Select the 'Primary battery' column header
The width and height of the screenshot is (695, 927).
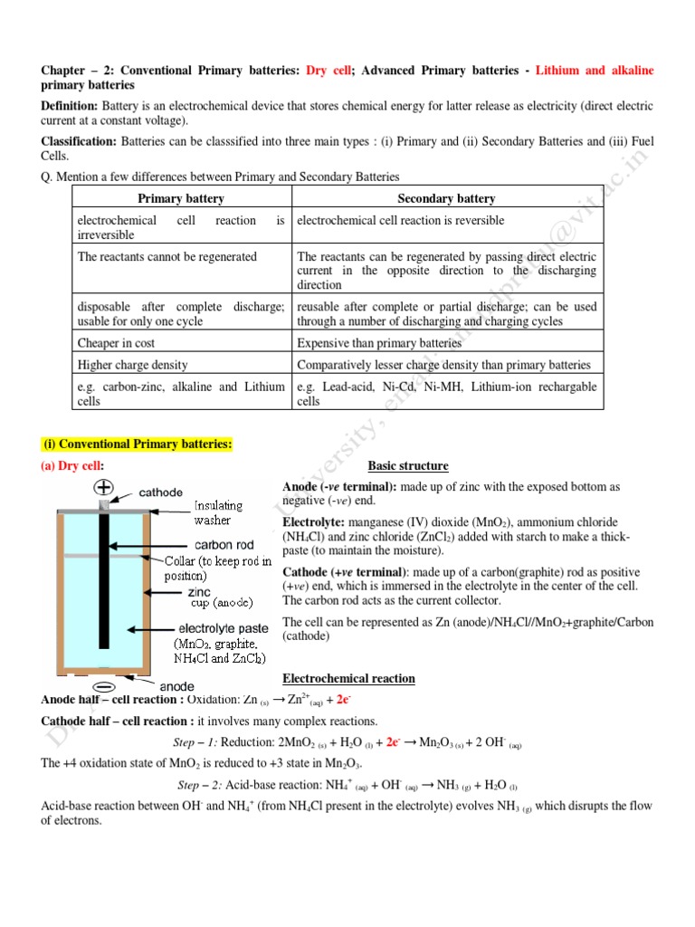[x=181, y=198]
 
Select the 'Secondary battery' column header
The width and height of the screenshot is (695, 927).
[x=446, y=198]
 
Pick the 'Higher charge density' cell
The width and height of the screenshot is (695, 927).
[x=132, y=365]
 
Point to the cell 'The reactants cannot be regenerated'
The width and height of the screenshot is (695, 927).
[x=167, y=257]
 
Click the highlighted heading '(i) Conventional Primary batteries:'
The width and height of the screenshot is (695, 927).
[x=138, y=444]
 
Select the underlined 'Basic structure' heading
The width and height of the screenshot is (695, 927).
[x=407, y=466]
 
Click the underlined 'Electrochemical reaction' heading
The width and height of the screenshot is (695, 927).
[x=348, y=678]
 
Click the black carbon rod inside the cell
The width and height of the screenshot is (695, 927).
[x=105, y=579]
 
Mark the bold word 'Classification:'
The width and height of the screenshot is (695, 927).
[x=79, y=142]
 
